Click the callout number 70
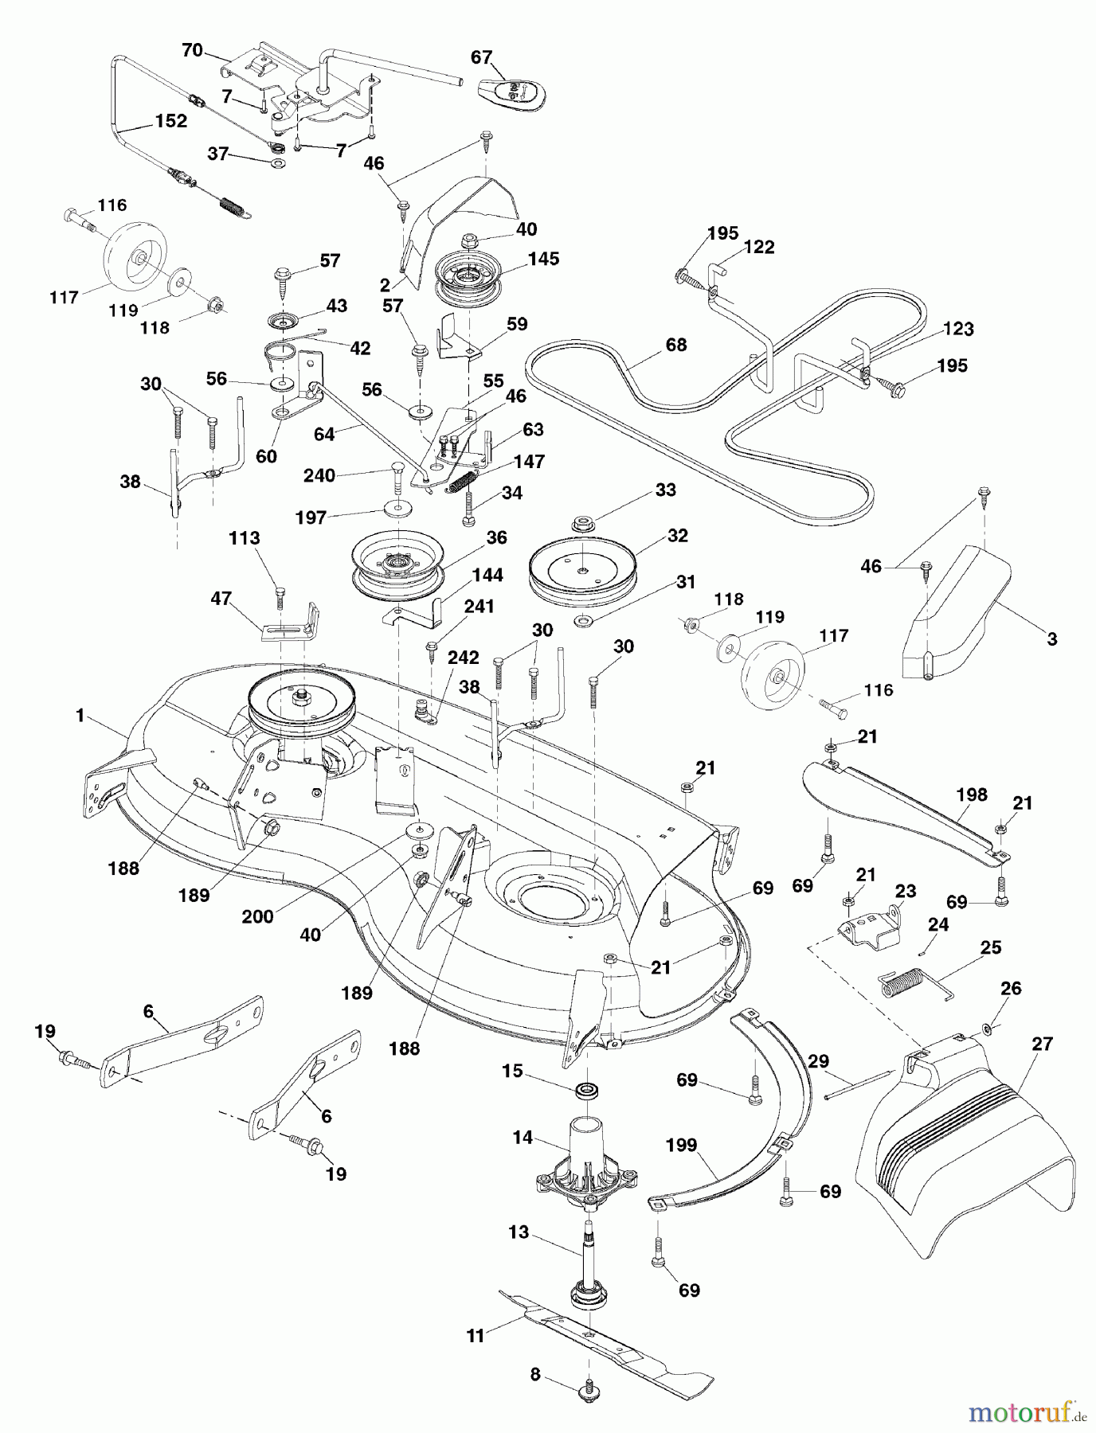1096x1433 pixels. click(x=192, y=51)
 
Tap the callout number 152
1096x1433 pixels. click(x=171, y=121)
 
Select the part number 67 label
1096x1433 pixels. click(x=482, y=57)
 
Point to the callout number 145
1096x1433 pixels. click(x=543, y=259)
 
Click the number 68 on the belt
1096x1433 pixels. click(x=676, y=345)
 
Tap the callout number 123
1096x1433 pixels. click(x=958, y=329)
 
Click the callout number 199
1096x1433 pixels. click(x=682, y=1145)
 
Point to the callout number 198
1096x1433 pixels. click(x=972, y=794)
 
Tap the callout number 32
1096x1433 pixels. click(x=678, y=536)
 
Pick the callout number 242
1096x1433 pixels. click(x=464, y=658)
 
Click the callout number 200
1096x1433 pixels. click(x=258, y=916)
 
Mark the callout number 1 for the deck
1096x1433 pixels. click(x=80, y=716)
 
